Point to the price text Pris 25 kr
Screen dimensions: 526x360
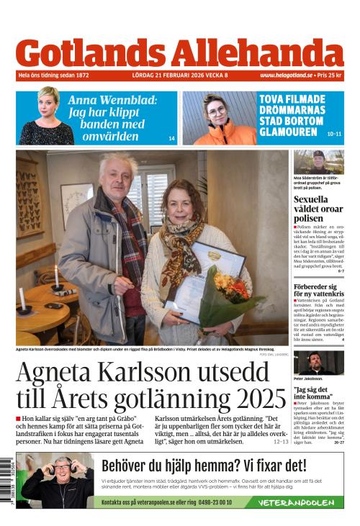coord(330,75)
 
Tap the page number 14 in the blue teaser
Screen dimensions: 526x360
coord(171,138)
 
